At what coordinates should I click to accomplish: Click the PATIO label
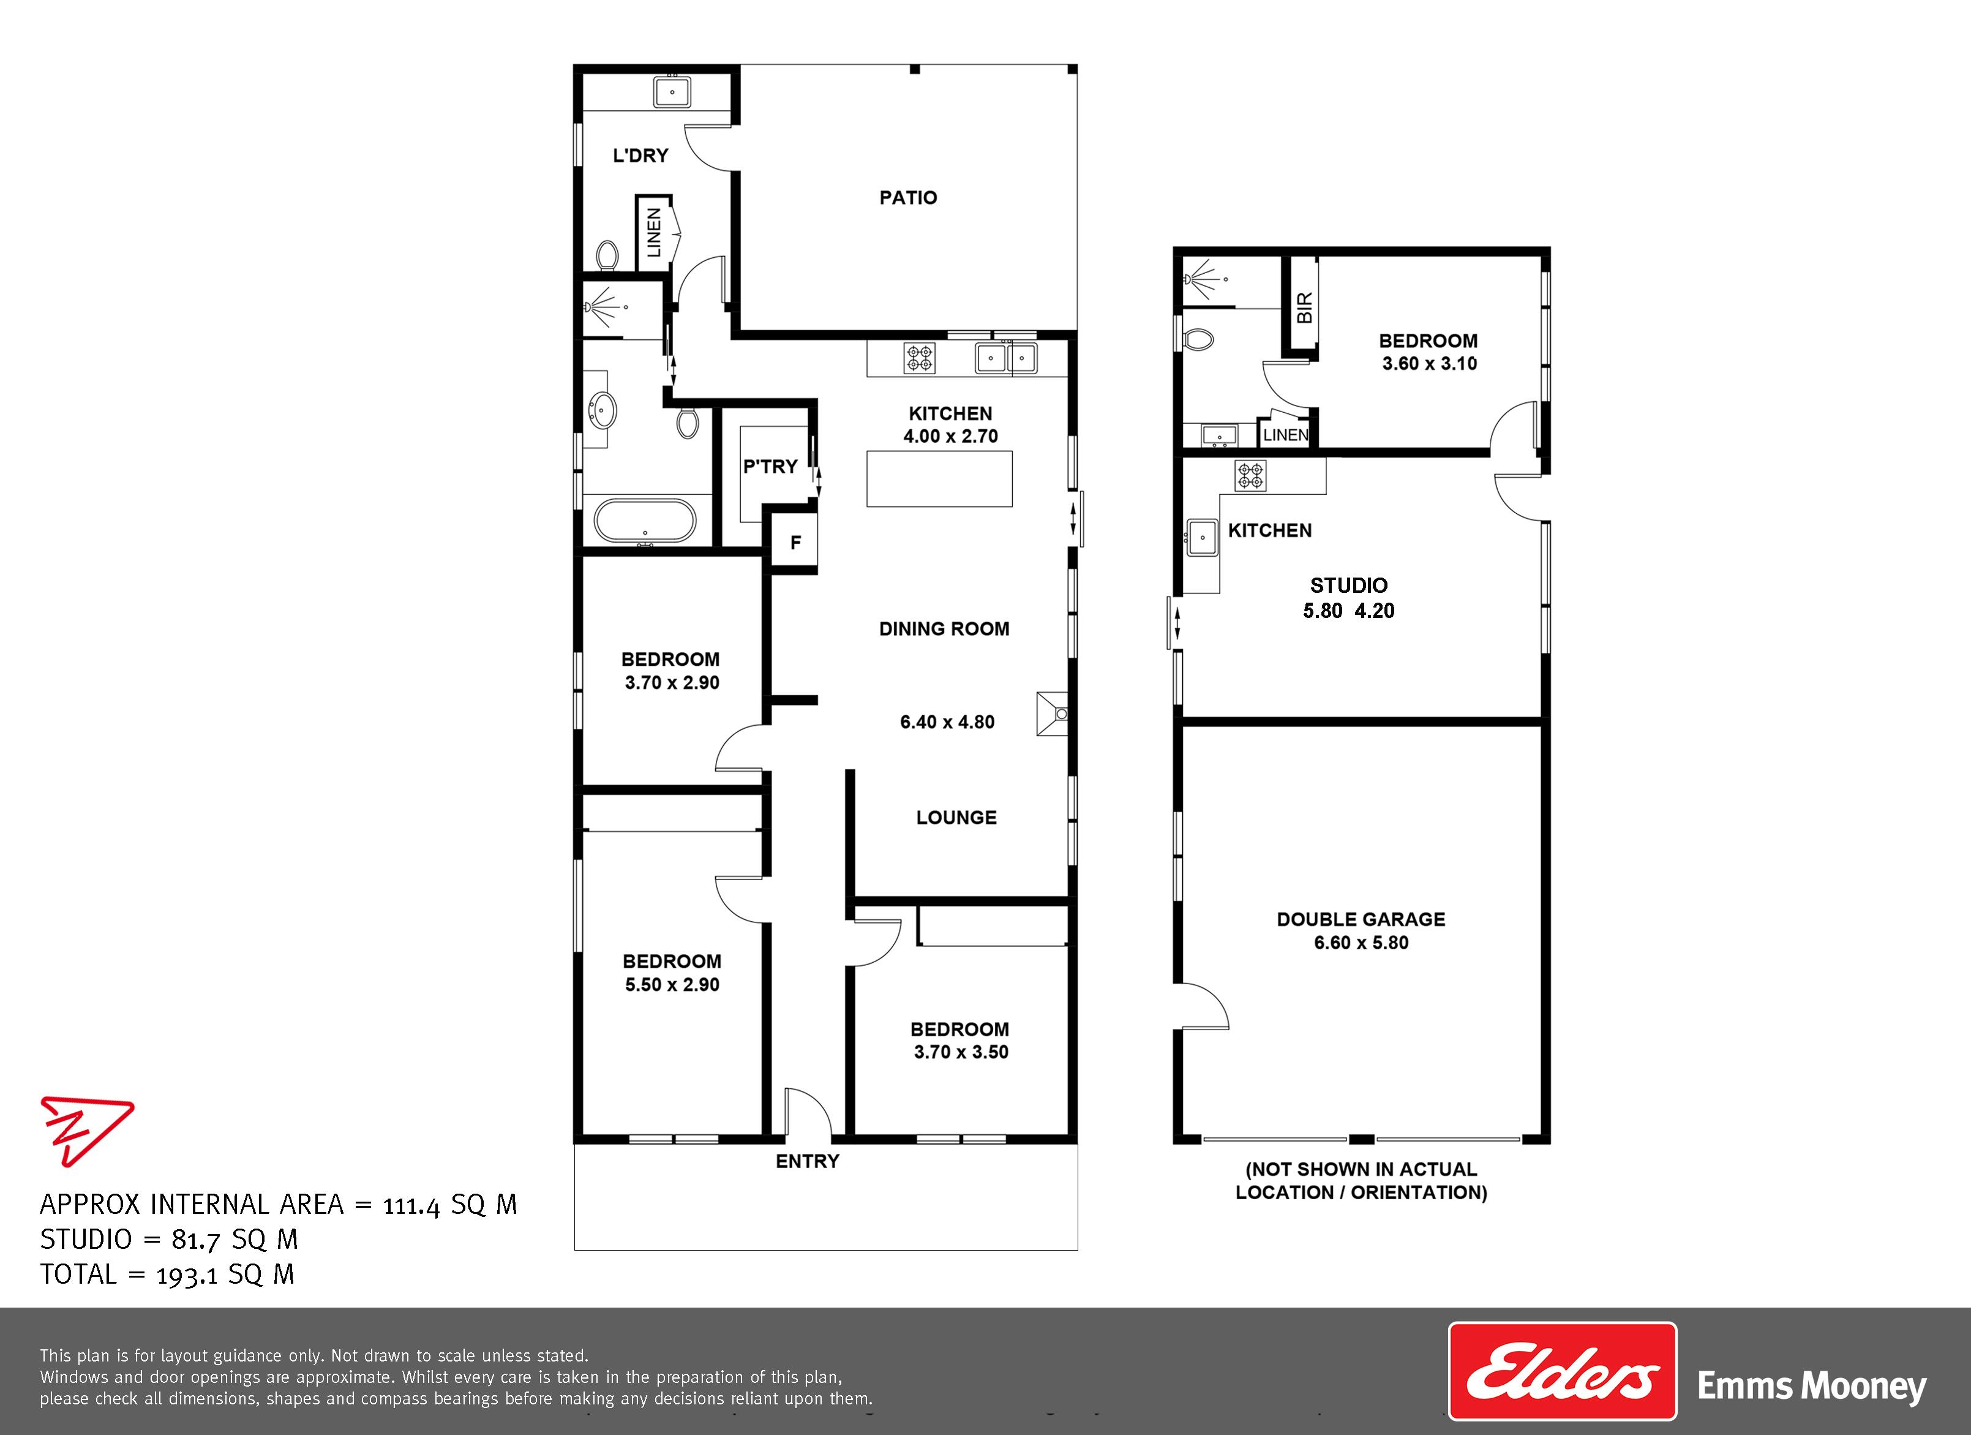908,197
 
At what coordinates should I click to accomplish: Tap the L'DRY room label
640,156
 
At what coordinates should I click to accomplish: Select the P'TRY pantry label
770,467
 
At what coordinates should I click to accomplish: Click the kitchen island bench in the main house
939,479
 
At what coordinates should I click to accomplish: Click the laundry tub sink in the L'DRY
672,91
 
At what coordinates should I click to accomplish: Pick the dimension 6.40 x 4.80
947,722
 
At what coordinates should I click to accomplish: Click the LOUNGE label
956,818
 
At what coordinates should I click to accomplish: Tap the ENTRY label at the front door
808,1161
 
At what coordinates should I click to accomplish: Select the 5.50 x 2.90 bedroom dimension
672,985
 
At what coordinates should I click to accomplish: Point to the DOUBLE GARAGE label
1361,919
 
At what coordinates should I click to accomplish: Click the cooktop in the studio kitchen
1250,475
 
